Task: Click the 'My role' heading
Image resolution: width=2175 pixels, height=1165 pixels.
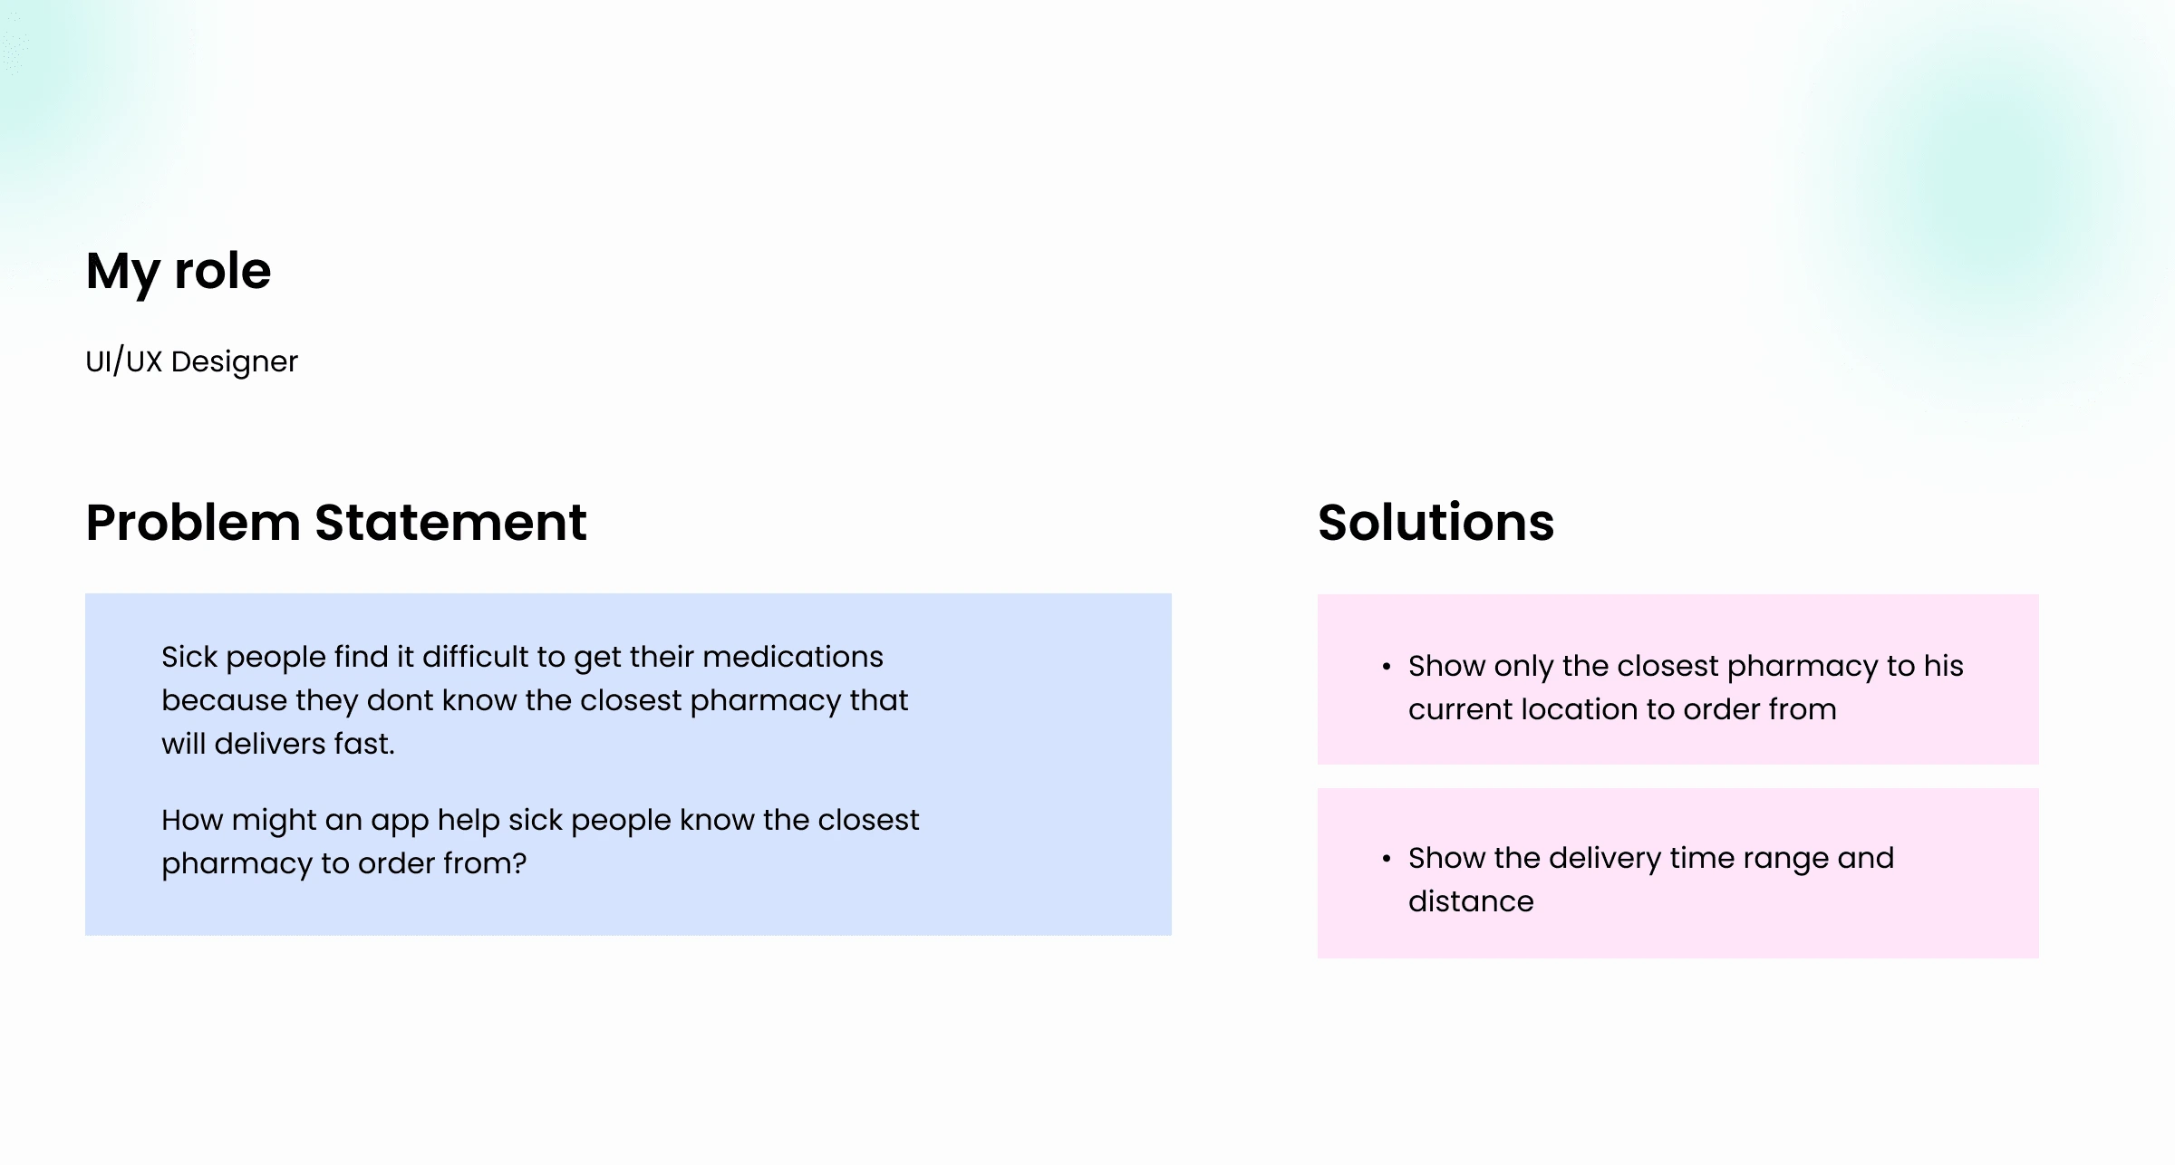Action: [x=179, y=271]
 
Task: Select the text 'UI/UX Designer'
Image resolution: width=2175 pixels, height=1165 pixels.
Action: [x=191, y=361]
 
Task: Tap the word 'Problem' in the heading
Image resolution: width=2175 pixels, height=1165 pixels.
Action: [x=192, y=523]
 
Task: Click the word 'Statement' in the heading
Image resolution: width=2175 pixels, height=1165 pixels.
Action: [x=450, y=523]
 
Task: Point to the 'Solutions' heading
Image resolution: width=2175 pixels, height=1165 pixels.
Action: [x=1435, y=523]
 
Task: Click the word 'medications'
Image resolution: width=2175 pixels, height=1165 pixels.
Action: [x=792, y=657]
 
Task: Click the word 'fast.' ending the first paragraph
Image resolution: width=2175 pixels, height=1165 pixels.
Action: [x=364, y=744]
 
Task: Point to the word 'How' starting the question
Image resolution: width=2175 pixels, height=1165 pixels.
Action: [x=192, y=820]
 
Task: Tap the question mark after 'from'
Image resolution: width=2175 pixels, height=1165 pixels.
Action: [x=519, y=863]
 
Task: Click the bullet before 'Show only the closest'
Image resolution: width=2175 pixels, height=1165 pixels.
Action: [x=1386, y=667]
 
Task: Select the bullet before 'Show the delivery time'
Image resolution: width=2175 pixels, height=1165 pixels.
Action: [x=1386, y=859]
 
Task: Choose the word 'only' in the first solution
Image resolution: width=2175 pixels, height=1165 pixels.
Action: [x=1523, y=667]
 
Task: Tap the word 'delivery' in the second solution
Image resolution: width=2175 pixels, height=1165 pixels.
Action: [x=1604, y=859]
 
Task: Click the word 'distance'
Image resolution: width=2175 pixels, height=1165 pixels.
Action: [x=1471, y=901]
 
